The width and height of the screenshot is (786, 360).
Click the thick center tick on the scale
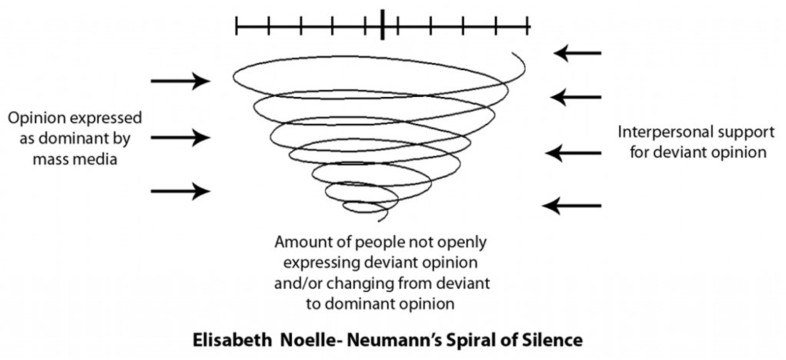(382, 26)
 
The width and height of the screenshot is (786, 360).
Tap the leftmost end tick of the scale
(237, 26)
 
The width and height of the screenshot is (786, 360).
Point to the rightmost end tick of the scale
(528, 26)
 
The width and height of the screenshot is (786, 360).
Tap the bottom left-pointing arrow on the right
(572, 205)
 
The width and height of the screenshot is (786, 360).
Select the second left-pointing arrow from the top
(576, 97)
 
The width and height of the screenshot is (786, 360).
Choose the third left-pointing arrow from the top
(573, 153)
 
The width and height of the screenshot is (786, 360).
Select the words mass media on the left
(75, 160)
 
